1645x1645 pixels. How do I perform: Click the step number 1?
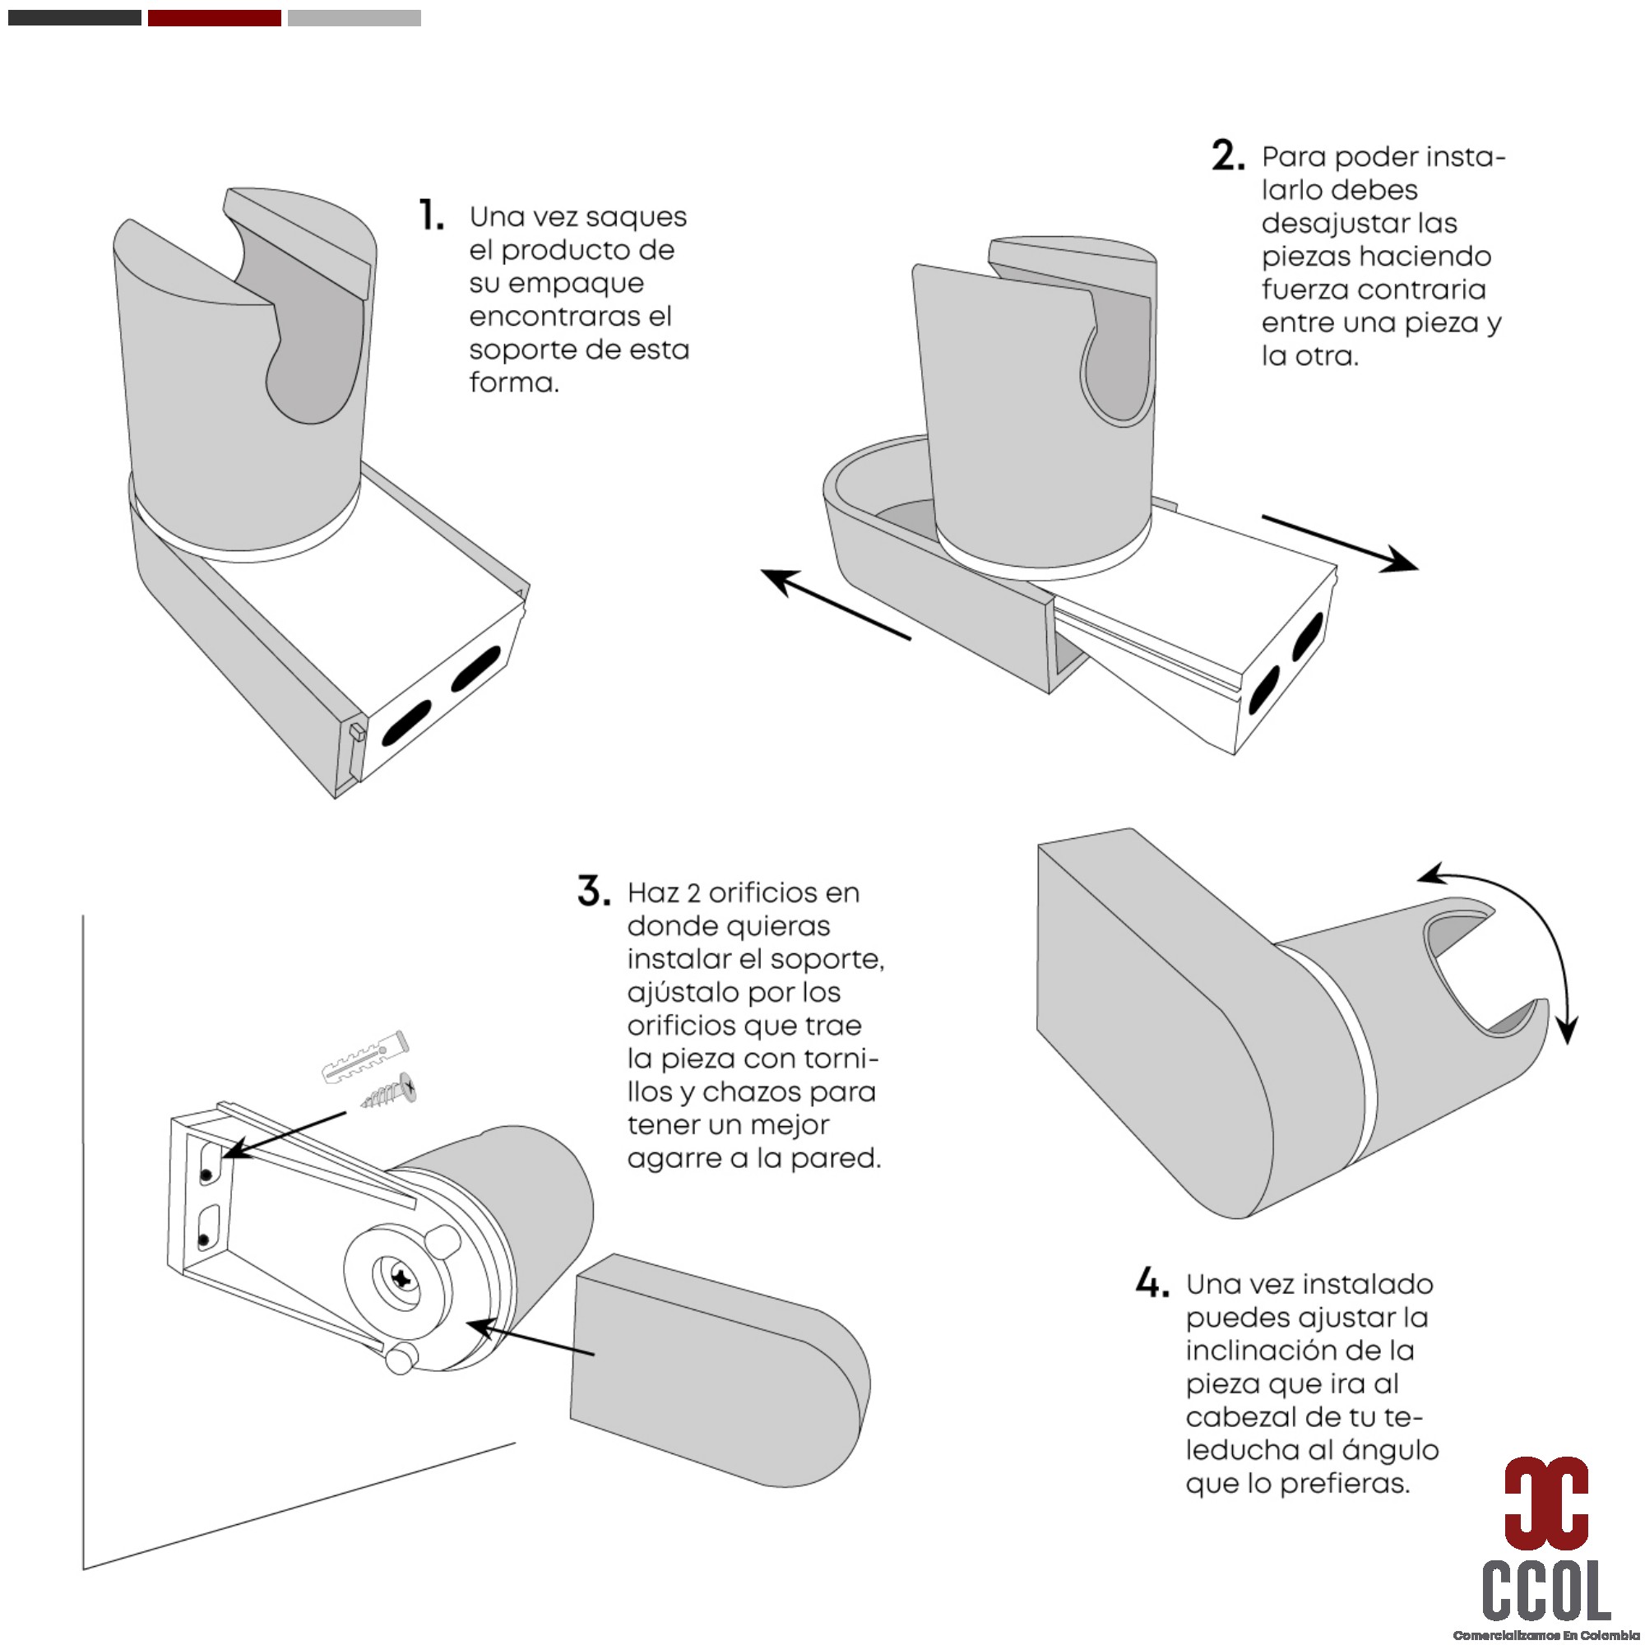pyautogui.click(x=432, y=215)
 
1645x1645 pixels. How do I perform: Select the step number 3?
pyautogui.click(x=594, y=891)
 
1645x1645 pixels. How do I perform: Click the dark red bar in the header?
pyautogui.click(x=215, y=18)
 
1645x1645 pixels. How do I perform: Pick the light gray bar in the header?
pyautogui.click(x=354, y=18)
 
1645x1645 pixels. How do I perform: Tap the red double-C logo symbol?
pyautogui.click(x=1545, y=1502)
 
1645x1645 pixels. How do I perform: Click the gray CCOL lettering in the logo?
pyautogui.click(x=1546, y=1590)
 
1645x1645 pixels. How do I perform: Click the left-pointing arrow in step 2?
pyautogui.click(x=836, y=604)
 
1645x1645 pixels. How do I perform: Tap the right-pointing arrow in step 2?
pyautogui.click(x=1340, y=543)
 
